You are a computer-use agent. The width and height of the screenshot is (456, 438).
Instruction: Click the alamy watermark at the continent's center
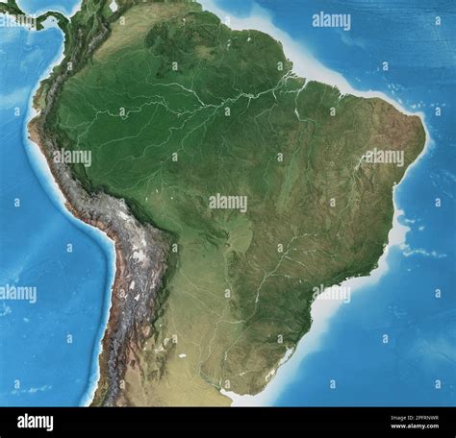[228, 203]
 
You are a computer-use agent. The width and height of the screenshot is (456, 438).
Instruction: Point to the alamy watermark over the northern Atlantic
[331, 21]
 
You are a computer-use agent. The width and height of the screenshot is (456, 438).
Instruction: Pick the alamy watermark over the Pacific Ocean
[17, 293]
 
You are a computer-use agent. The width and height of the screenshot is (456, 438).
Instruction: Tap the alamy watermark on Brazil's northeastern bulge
[383, 157]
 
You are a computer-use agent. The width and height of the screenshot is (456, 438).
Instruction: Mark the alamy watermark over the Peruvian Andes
[72, 157]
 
